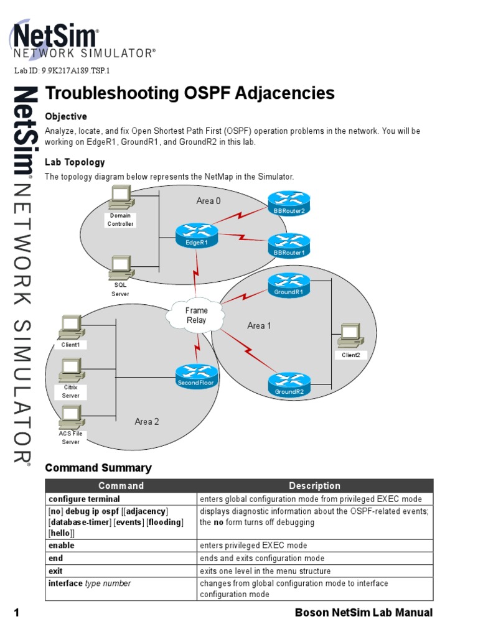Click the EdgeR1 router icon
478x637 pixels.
point(196,236)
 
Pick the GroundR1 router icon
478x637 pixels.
point(289,285)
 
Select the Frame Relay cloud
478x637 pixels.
point(196,315)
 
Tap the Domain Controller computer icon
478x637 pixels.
point(120,199)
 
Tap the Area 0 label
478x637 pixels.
point(209,201)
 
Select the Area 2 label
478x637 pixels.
point(147,422)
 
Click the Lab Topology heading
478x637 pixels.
point(75,162)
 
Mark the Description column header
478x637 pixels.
point(314,486)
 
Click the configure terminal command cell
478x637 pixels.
point(85,499)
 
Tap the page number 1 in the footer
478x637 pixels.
point(17,613)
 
